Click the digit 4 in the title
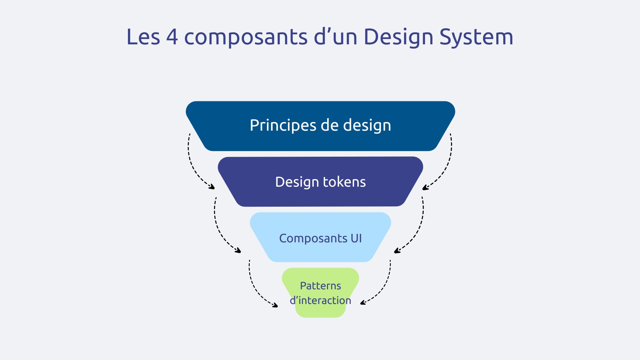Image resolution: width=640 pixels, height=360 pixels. pyautogui.click(x=172, y=37)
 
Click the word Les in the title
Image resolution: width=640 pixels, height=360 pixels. pyautogui.click(x=143, y=37)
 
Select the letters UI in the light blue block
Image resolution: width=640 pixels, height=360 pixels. pyautogui.click(x=356, y=238)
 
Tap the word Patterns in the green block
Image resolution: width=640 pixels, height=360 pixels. pyautogui.click(x=320, y=286)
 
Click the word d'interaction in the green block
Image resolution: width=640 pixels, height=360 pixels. pyautogui.click(x=320, y=300)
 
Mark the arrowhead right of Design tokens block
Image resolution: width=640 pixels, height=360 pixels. pyautogui.click(x=425, y=188)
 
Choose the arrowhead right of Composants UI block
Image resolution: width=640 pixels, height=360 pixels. pyautogui.click(x=397, y=251)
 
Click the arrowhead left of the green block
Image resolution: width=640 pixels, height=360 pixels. pyautogui.click(x=275, y=305)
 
